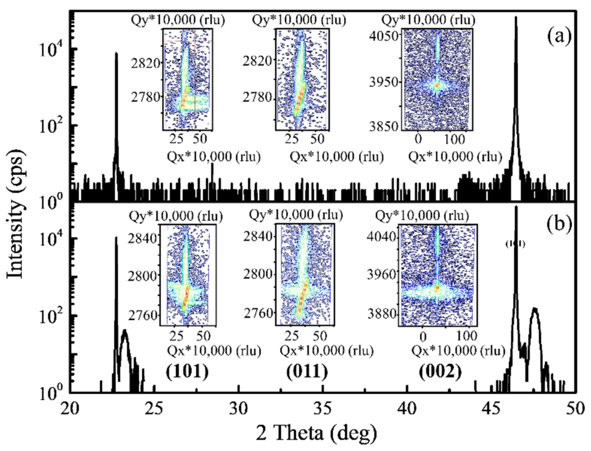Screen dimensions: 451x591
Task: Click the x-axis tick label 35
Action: [x=324, y=409]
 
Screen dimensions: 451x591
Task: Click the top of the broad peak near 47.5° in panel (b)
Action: [x=535, y=309]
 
